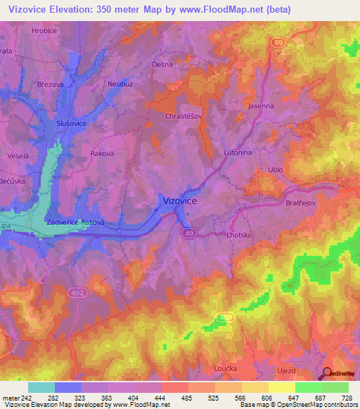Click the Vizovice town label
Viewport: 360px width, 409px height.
[180, 200]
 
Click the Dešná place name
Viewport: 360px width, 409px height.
[162, 64]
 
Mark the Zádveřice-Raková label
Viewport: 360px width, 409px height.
[75, 223]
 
